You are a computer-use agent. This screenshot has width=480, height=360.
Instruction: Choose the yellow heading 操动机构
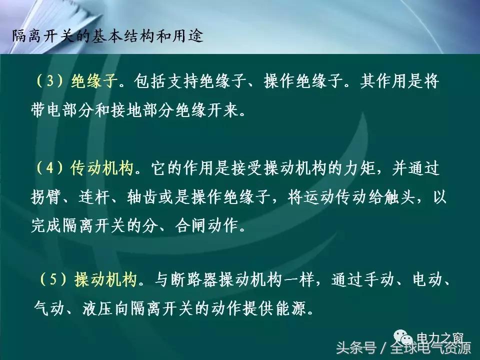pyautogui.click(x=106, y=280)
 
